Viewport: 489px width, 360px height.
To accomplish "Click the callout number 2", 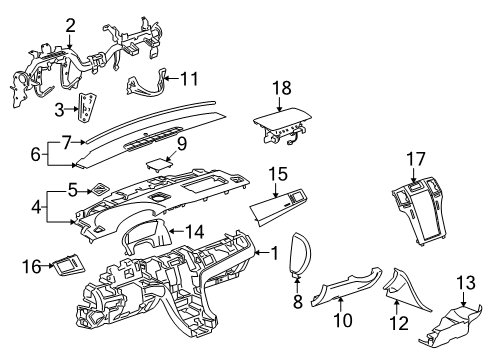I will [70, 25].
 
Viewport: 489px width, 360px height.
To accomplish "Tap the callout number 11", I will [190, 77].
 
